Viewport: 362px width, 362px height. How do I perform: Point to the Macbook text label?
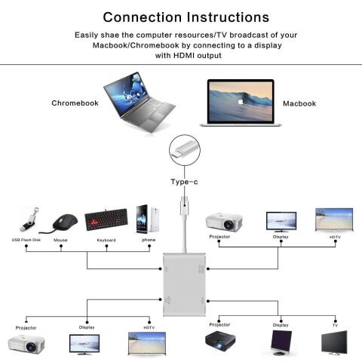[x=299, y=103]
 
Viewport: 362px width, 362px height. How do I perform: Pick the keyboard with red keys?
[x=106, y=220]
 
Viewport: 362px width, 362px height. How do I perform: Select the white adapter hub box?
[x=183, y=286]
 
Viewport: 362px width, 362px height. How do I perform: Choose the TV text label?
[x=334, y=324]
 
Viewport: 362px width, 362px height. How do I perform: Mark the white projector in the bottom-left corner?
[x=26, y=344]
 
